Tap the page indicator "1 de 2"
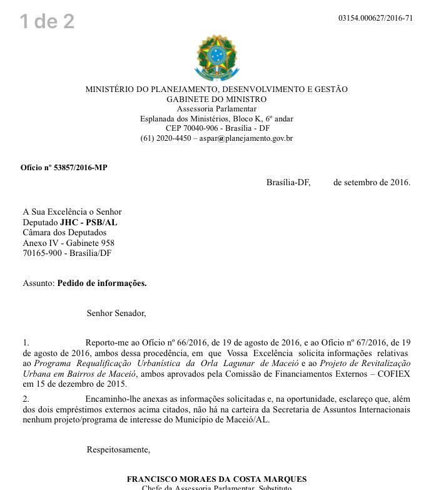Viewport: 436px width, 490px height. point(47,22)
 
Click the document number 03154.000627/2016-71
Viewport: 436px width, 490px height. point(375,18)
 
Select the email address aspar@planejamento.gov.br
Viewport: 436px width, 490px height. point(246,138)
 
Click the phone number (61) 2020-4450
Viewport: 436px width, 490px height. point(166,138)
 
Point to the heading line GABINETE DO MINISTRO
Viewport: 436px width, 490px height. point(216,100)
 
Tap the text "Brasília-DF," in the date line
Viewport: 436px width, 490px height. point(288,183)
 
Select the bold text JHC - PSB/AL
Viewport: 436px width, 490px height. point(88,222)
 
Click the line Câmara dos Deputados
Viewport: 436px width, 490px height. point(64,233)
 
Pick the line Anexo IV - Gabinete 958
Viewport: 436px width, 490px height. point(68,243)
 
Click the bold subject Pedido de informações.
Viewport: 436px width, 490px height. point(102,283)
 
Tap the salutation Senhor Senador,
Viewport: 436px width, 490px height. point(116,313)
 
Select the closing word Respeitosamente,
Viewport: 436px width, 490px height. point(118,449)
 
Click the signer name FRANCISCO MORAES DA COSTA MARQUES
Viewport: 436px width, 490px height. point(216,479)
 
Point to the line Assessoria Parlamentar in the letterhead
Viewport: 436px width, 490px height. point(216,109)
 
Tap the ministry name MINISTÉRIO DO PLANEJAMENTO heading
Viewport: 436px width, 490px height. point(216,89)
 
